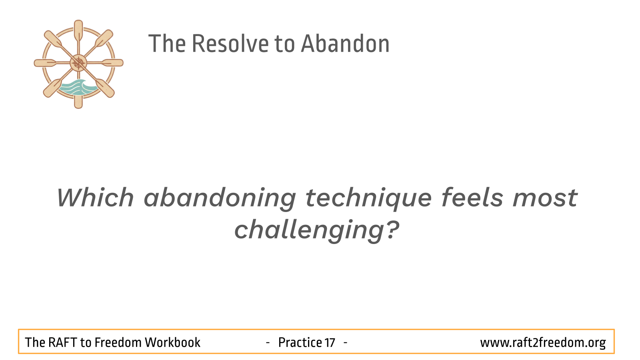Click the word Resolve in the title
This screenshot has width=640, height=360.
coord(230,44)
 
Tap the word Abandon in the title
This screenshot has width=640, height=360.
coord(345,44)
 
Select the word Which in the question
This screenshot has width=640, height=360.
coord(96,198)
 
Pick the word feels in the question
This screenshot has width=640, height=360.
coord(472,197)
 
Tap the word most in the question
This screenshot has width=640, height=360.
coord(545,199)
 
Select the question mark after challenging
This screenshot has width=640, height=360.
coord(393,230)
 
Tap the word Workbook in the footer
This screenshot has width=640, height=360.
coord(172,342)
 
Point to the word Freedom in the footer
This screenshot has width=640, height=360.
coord(118,342)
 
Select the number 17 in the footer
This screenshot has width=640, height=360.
coord(330,343)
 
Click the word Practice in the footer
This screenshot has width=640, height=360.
coord(300,342)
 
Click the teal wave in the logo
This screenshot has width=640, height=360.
coord(78,88)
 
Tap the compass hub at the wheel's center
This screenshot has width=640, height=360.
coord(78,63)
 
